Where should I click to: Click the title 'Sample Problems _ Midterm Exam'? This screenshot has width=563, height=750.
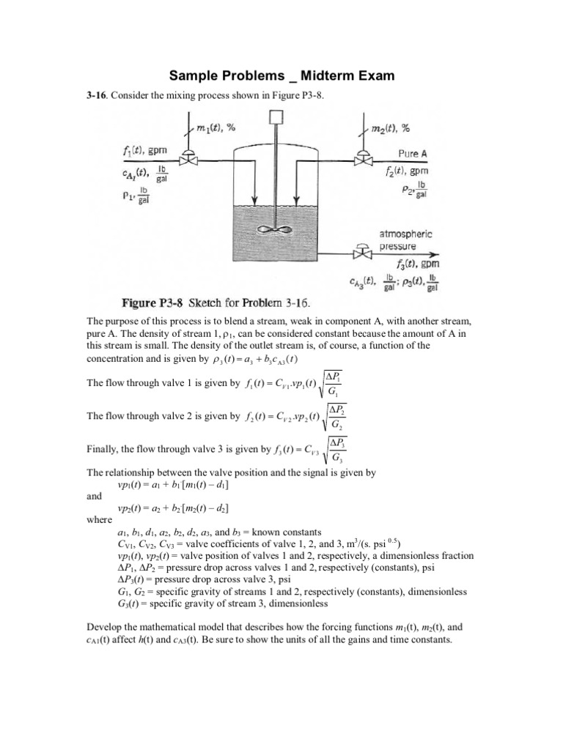pos(281,75)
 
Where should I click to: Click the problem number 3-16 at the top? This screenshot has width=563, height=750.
pos(97,96)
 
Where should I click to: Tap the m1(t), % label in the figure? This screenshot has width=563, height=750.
pos(216,127)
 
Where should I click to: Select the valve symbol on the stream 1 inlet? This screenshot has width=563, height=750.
pos(190,159)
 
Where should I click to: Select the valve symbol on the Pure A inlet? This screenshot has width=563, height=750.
pos(362,159)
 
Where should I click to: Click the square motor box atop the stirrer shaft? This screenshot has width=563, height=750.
pos(276,116)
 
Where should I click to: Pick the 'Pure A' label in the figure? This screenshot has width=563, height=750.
pos(413,154)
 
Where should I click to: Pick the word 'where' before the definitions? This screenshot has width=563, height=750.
pos(99,519)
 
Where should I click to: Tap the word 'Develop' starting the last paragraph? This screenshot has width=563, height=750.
pos(107,627)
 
